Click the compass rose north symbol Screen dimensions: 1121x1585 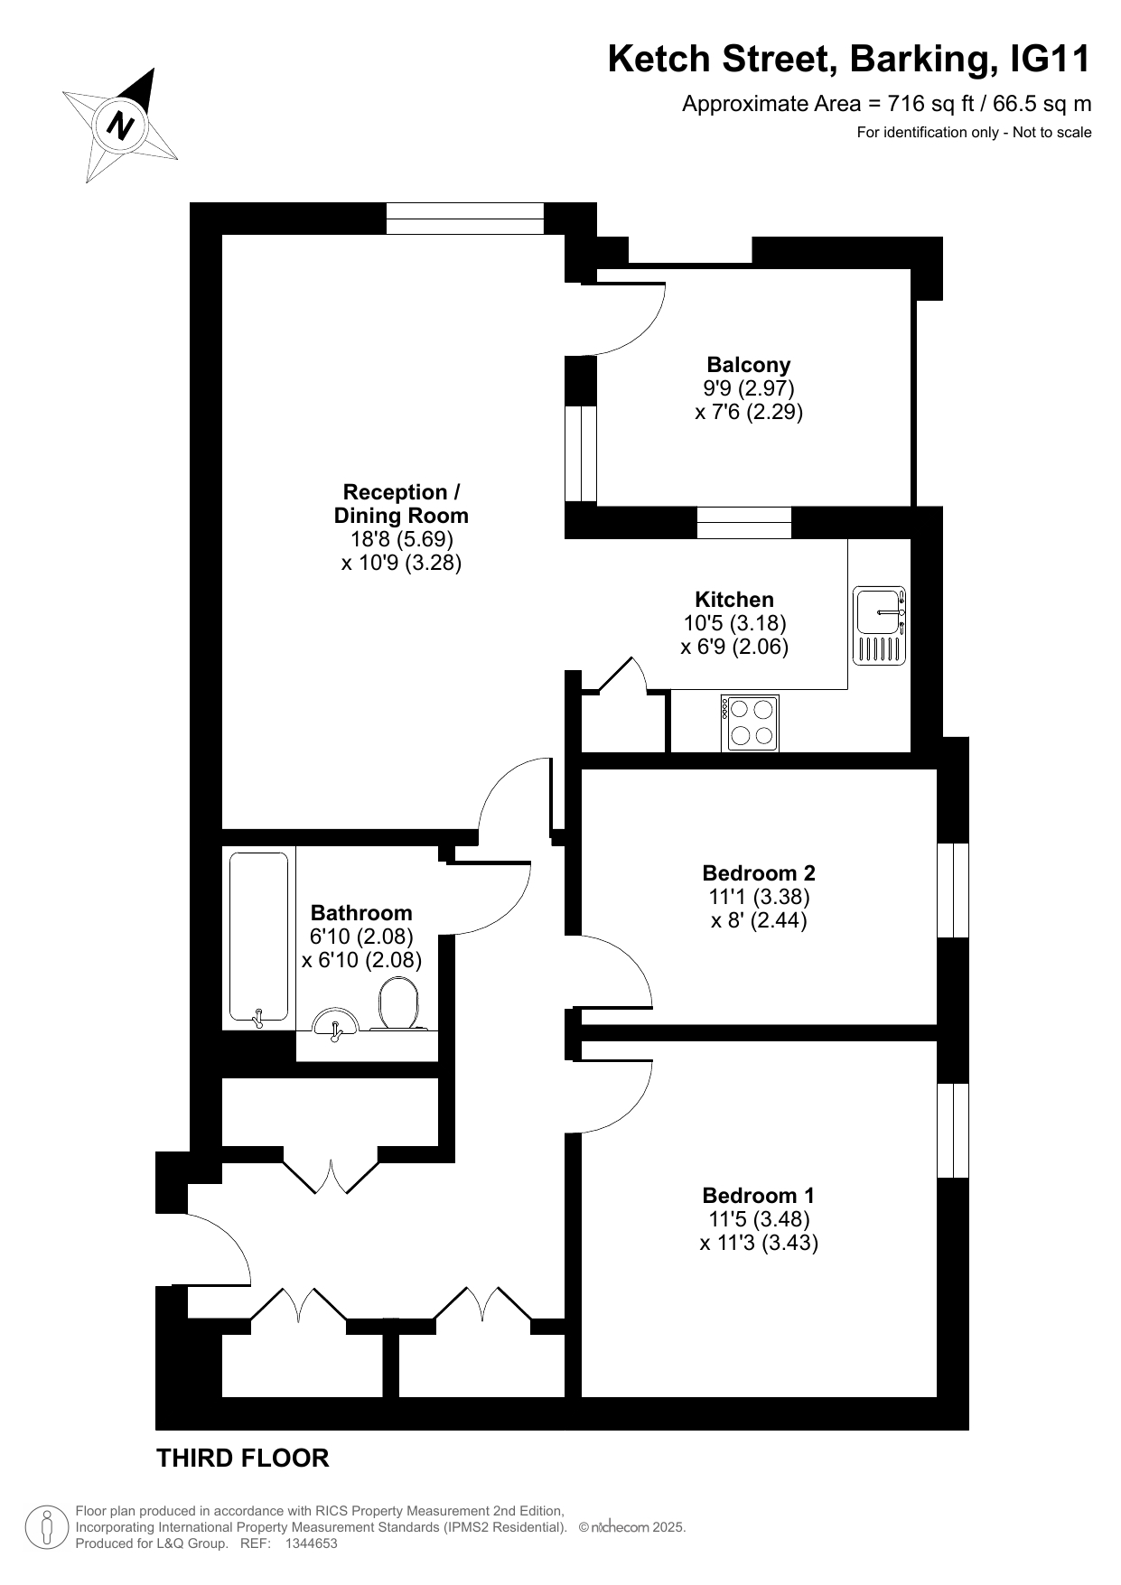pyautogui.click(x=119, y=125)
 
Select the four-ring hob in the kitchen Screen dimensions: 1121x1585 pyautogui.click(x=750, y=723)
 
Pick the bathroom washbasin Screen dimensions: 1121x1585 pyautogui.click(x=335, y=1023)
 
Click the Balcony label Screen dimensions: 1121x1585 pyautogui.click(x=748, y=365)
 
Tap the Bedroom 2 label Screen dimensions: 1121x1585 pyautogui.click(x=759, y=873)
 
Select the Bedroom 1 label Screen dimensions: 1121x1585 pyautogui.click(x=759, y=1196)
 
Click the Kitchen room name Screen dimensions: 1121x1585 pyautogui.click(x=734, y=600)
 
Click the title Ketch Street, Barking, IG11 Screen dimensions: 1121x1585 pyautogui.click(x=849, y=60)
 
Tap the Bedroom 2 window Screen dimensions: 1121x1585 pyautogui.click(x=953, y=890)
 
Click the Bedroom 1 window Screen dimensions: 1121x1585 pyautogui.click(x=953, y=1130)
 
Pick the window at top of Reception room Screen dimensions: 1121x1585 pyautogui.click(x=465, y=219)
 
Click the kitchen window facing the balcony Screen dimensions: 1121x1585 pyautogui.click(x=744, y=523)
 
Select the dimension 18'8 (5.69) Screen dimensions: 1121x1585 pyautogui.click(x=402, y=539)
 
